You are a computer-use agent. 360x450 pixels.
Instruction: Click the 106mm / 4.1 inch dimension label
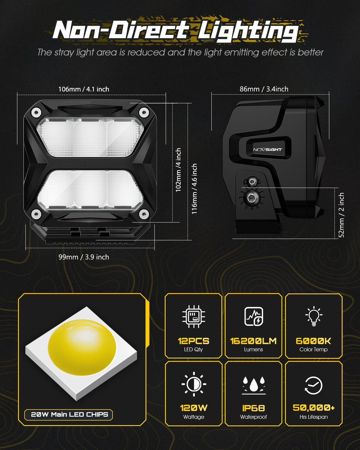click(x=84, y=89)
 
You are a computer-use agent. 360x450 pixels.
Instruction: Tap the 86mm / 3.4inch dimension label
click(x=264, y=89)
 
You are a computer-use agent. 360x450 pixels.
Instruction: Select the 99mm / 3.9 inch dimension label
click(x=84, y=257)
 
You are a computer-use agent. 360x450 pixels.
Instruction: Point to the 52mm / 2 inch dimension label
click(x=342, y=215)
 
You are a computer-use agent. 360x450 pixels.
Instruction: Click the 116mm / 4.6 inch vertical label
click(x=194, y=189)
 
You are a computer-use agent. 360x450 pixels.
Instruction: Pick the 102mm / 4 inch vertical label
click(x=178, y=170)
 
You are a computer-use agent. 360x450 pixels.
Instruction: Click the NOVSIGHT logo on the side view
click(x=267, y=149)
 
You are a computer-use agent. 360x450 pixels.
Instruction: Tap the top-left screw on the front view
click(x=36, y=112)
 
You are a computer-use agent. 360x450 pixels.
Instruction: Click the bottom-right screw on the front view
click(x=144, y=214)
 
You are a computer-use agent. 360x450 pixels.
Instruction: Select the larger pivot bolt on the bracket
click(x=249, y=197)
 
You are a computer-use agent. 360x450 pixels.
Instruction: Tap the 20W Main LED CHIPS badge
click(x=69, y=414)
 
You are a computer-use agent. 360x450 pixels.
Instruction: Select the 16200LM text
click(x=253, y=341)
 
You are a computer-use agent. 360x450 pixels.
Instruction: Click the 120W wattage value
click(x=194, y=408)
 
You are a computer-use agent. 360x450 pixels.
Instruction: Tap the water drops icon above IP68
click(x=253, y=384)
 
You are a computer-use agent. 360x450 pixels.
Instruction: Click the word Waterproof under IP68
click(x=253, y=417)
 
